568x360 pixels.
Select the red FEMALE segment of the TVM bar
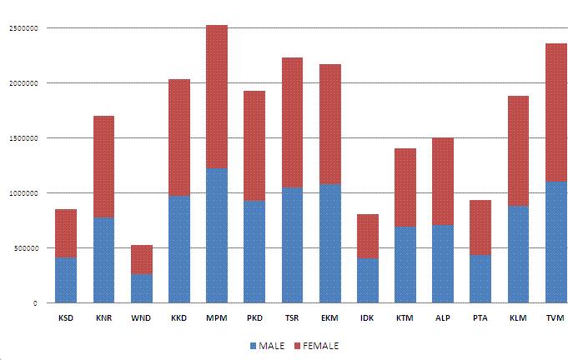point(556,112)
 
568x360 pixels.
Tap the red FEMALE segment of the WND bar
point(141,259)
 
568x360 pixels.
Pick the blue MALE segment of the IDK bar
point(368,280)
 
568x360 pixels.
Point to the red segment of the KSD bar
point(66,233)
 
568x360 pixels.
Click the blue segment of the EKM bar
point(329,242)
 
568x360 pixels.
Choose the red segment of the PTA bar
point(480,227)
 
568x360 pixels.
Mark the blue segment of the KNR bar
point(103,259)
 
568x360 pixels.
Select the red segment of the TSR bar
point(292,122)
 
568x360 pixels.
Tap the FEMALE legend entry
point(314,345)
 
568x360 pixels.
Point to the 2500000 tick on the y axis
point(23,28)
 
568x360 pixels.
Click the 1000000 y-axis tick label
point(23,193)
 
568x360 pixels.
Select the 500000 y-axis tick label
point(25,248)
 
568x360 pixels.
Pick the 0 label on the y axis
point(35,303)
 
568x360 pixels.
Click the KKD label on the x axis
point(178,317)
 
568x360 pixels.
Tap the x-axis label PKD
point(254,317)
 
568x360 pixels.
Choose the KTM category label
point(405,317)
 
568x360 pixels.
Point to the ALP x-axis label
point(443,317)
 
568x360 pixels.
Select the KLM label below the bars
point(518,317)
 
